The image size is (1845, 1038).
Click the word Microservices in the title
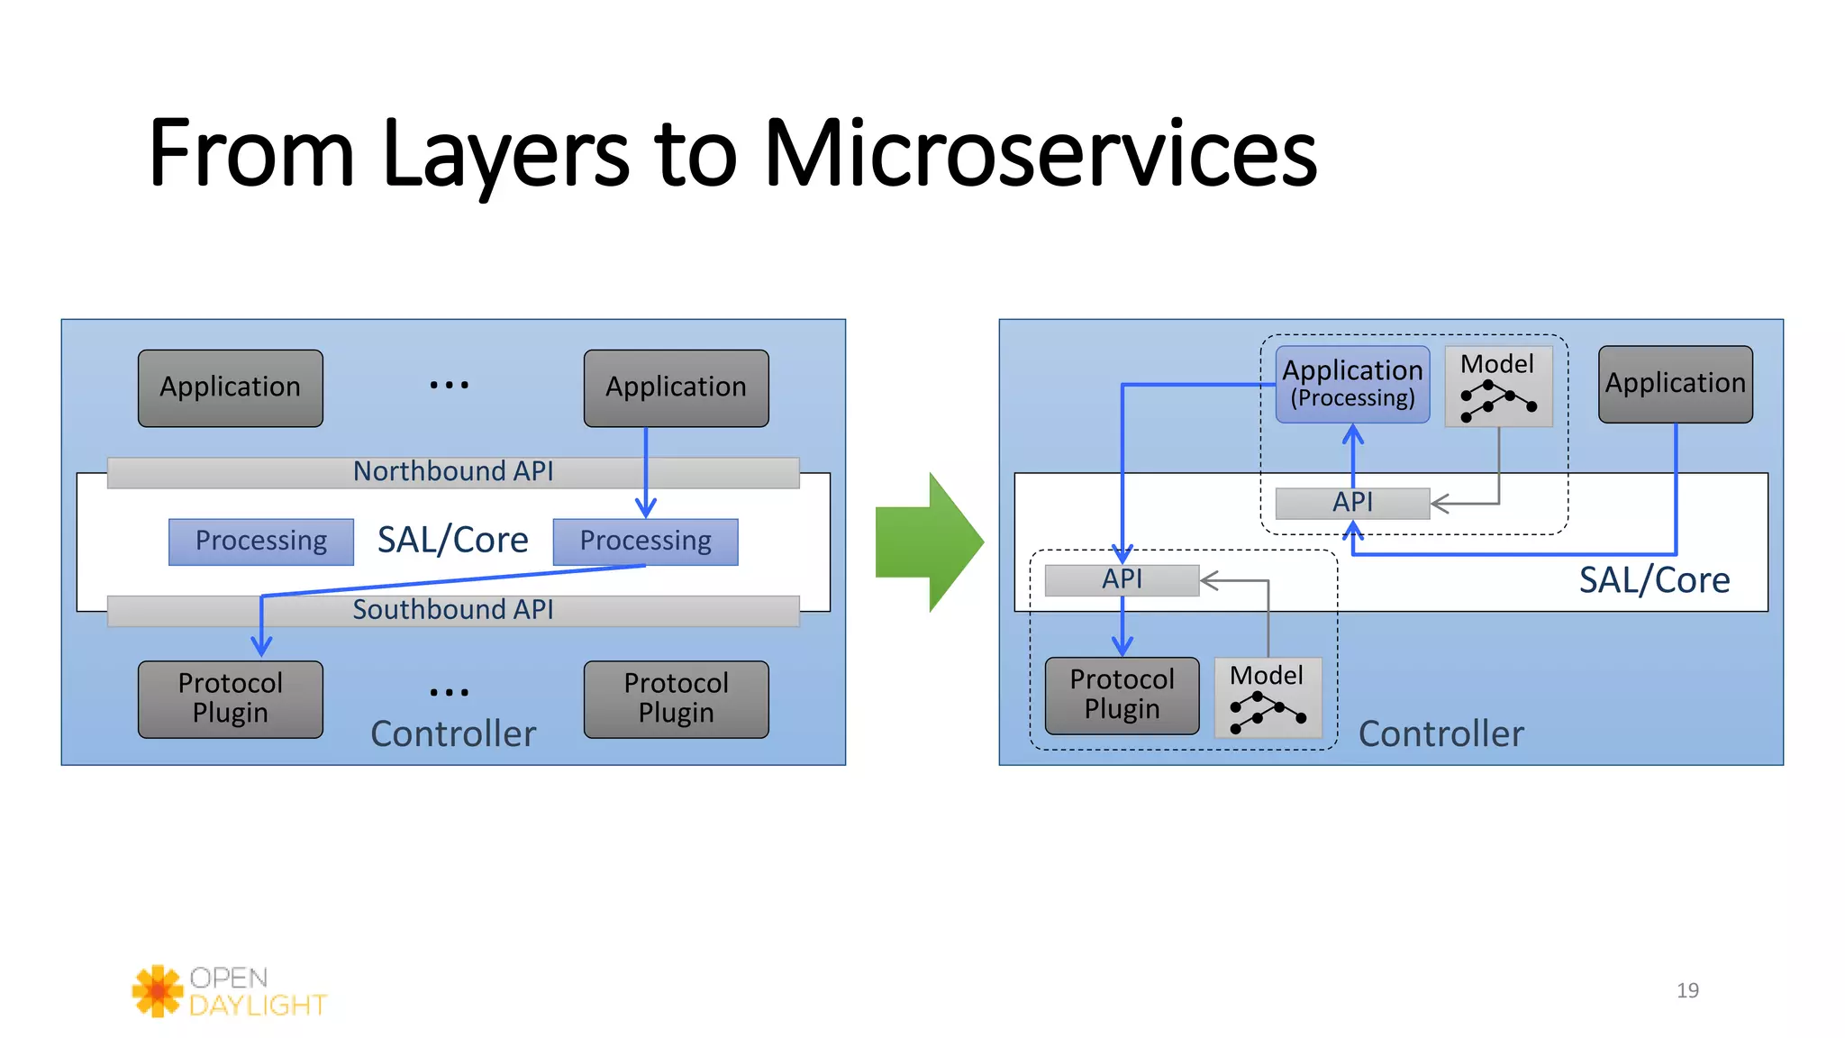[1041, 155]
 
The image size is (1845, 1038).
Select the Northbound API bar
[453, 472]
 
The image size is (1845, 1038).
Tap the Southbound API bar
[453, 610]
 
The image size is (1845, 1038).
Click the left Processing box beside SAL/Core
[261, 542]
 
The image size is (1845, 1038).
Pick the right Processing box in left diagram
[645, 542]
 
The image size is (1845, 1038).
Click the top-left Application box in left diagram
[231, 387]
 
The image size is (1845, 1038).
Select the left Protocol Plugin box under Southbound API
[231, 698]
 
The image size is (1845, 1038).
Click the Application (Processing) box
[1352, 385]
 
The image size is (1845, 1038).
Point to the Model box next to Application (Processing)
[1498, 387]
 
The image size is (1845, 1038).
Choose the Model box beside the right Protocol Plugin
[1268, 698]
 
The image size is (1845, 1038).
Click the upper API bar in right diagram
[1352, 503]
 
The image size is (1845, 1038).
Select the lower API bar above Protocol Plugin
[1122, 579]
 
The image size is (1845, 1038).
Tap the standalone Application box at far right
[1675, 384]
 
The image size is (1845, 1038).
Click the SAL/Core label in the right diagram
[1654, 580]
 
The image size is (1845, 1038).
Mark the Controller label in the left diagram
[453, 733]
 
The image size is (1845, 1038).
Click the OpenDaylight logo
[230, 991]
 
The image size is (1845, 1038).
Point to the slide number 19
[1687, 990]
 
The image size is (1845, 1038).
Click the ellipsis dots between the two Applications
[449, 385]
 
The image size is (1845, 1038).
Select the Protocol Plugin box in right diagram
[1122, 695]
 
